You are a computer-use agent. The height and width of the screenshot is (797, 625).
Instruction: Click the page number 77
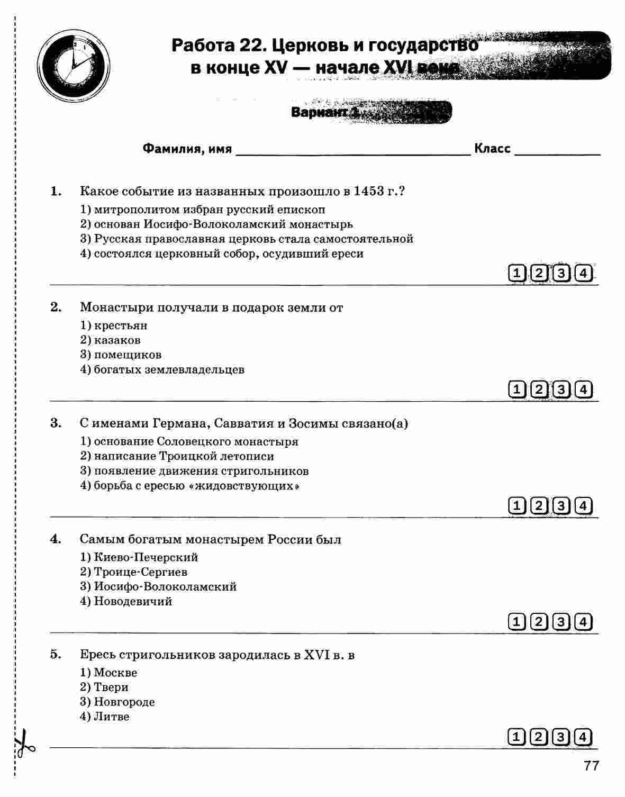click(591, 766)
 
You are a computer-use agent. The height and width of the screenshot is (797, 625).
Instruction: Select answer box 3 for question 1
click(561, 274)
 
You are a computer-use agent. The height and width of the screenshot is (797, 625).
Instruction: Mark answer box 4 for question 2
click(583, 390)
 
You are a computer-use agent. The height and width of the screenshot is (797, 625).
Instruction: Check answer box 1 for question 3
click(517, 506)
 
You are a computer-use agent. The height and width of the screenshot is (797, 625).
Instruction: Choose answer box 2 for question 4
click(539, 622)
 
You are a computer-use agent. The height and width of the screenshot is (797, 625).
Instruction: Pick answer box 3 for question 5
click(561, 737)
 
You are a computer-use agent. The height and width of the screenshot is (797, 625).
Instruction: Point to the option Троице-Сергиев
click(140, 572)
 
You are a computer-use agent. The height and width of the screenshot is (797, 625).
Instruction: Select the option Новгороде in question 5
click(124, 702)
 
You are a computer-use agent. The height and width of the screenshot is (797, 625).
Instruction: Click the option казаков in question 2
click(117, 340)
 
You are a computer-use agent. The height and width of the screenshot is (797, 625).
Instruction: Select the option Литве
click(111, 717)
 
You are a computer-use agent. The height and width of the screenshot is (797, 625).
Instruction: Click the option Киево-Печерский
click(146, 557)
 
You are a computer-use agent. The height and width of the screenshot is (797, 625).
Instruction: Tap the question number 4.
click(56, 539)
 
